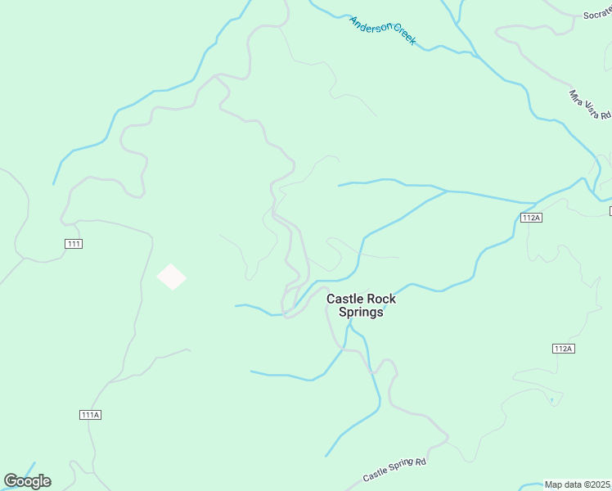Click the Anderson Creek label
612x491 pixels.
click(x=383, y=30)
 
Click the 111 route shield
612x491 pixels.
click(x=74, y=244)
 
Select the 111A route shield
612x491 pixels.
click(x=91, y=415)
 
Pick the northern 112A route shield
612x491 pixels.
click(x=531, y=218)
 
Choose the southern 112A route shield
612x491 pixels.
click(x=563, y=349)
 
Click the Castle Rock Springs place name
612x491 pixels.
click(x=361, y=305)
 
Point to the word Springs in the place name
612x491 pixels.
click(x=361, y=312)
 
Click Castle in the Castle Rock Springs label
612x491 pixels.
click(x=344, y=300)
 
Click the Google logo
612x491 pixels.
click(x=27, y=481)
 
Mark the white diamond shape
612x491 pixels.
click(x=171, y=277)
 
